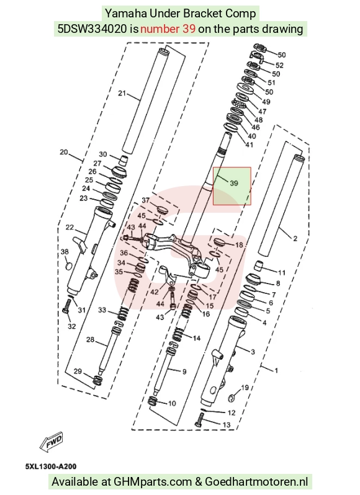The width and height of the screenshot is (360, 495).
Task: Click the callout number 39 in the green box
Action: (233, 183)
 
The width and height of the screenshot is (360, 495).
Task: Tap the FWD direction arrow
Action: (52, 440)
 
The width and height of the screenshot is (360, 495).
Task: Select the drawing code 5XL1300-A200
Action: (51, 466)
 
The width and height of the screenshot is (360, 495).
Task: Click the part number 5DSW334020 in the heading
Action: (92, 29)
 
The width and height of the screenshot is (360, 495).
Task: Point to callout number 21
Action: (122, 93)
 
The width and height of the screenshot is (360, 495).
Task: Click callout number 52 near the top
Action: (279, 65)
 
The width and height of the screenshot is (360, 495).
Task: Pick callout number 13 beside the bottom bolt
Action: (227, 425)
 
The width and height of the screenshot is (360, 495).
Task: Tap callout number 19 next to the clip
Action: (245, 387)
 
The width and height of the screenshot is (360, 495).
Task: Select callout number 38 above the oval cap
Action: (65, 252)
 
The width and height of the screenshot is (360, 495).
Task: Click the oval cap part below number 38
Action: (68, 266)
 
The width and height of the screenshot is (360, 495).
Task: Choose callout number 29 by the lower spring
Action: (78, 371)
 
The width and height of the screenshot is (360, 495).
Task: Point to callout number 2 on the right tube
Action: (295, 238)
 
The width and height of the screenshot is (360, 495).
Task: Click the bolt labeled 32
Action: (66, 306)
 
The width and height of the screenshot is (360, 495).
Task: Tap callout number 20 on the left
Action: (64, 152)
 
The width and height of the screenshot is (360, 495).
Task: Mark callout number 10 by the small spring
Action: (172, 403)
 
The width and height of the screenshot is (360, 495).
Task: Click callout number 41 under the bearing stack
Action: (250, 145)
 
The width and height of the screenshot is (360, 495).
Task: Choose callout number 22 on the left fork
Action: (70, 227)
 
